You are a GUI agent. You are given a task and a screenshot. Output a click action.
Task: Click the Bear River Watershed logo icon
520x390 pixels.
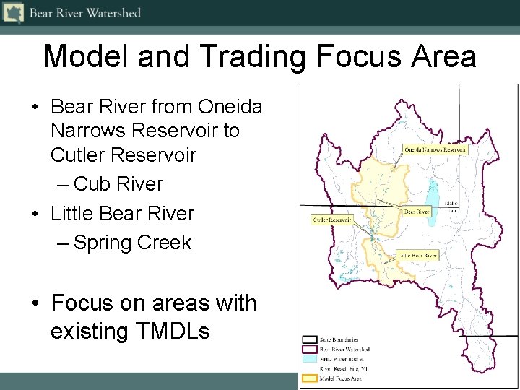[x=13, y=12]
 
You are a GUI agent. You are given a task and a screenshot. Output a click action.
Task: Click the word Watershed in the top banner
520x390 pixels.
[x=112, y=13]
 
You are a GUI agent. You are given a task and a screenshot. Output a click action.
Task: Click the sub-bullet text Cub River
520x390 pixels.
[x=118, y=184]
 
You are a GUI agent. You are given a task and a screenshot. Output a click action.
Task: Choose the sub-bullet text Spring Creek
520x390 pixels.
[x=132, y=243]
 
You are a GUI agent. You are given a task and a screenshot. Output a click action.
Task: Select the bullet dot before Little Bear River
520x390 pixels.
[x=35, y=214]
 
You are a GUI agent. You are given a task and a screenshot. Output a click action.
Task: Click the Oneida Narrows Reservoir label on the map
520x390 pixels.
[x=435, y=150]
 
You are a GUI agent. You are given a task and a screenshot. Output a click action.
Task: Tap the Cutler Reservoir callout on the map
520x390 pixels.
[x=332, y=220]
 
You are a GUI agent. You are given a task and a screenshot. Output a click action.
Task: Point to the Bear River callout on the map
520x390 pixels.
[x=416, y=212]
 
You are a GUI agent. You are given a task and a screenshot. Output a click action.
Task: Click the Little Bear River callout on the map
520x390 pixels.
[x=417, y=256]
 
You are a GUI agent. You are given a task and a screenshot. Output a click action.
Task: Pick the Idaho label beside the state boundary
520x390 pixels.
[x=451, y=204]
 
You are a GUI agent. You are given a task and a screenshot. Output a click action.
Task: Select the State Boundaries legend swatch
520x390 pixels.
[x=310, y=339]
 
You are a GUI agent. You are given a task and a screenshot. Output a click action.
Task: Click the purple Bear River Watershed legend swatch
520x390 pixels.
[x=310, y=349]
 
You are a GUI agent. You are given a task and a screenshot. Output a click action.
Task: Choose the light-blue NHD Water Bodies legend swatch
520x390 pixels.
[x=310, y=358]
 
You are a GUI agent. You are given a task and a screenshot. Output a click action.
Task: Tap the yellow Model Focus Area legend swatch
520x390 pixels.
[x=310, y=378]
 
